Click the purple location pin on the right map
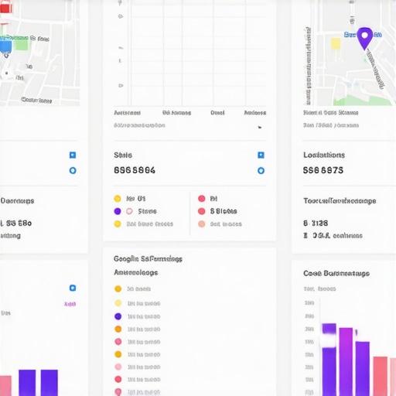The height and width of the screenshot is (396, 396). pyautogui.click(x=364, y=36)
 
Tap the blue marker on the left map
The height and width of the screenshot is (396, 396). pyautogui.click(x=5, y=46)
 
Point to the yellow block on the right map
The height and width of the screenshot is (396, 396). pyautogui.click(x=336, y=43)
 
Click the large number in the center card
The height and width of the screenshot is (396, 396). pyautogui.click(x=134, y=170)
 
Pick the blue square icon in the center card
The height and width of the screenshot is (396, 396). pyautogui.click(x=261, y=155)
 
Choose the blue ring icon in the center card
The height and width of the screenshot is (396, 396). pyautogui.click(x=261, y=170)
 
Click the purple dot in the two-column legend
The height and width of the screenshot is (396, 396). pyautogui.click(x=118, y=211)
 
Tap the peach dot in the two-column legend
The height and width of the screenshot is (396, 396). pyautogui.click(x=202, y=224)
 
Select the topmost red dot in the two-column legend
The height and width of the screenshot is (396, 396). pyautogui.click(x=202, y=198)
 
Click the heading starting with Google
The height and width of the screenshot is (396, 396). pyautogui.click(x=148, y=259)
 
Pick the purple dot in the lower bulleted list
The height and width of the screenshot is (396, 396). pyautogui.click(x=118, y=316)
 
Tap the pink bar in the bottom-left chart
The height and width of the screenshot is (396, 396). pyautogui.click(x=5, y=385)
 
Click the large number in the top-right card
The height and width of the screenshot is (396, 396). pyautogui.click(x=323, y=170)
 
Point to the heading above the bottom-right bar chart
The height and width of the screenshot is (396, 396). pyautogui.click(x=336, y=273)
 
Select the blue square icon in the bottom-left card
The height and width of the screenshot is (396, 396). pyautogui.click(x=72, y=288)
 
